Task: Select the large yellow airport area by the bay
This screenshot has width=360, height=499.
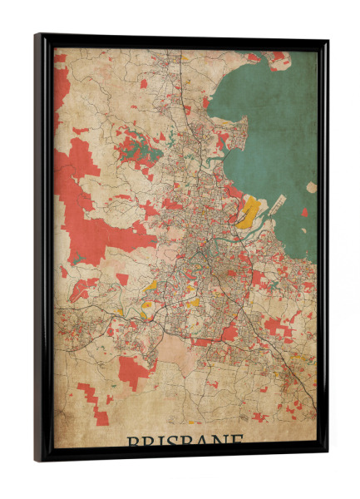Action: point(247,215)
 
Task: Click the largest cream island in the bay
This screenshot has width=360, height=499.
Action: point(312,187)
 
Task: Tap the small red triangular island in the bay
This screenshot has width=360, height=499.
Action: point(304,212)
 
